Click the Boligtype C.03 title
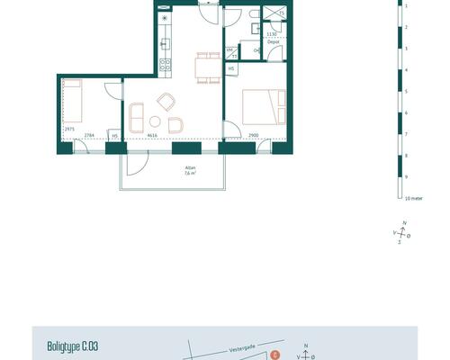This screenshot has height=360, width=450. click(72, 345)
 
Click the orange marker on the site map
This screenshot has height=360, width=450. click(274, 355)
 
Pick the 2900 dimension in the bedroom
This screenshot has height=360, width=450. click(254, 135)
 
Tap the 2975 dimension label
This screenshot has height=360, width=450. click(69, 129)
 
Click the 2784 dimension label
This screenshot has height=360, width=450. click(89, 135)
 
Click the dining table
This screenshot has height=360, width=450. click(208, 66)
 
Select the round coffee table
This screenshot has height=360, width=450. click(155, 121)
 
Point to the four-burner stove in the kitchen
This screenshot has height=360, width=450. click(165, 63)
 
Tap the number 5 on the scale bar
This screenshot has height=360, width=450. click(406, 92)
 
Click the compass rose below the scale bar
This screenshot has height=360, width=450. click(403, 233)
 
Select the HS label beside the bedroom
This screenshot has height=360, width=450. click(230, 68)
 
